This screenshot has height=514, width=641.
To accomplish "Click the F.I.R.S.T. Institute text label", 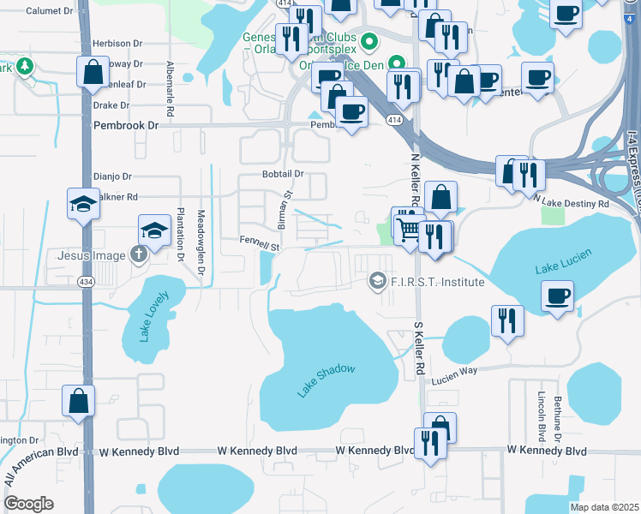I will (437, 281).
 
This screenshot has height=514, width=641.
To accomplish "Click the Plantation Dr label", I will (181, 233).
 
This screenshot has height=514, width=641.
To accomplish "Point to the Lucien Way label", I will (454, 375).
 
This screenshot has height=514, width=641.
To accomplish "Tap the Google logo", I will (29, 504).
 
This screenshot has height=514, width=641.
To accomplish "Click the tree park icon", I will (25, 66).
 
